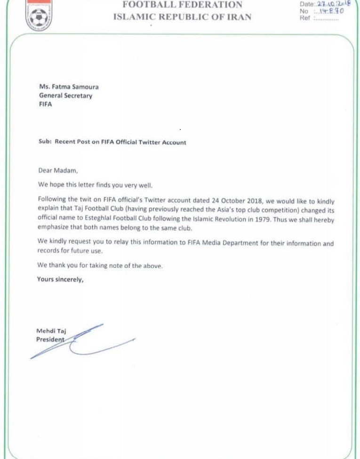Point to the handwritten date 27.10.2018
(x=332, y=4)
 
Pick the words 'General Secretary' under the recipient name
(x=66, y=96)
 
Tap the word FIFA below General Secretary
(x=46, y=105)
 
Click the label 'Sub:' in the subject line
(x=45, y=142)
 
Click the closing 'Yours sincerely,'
(x=60, y=279)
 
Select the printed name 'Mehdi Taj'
(x=51, y=331)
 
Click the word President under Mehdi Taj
(x=50, y=339)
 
